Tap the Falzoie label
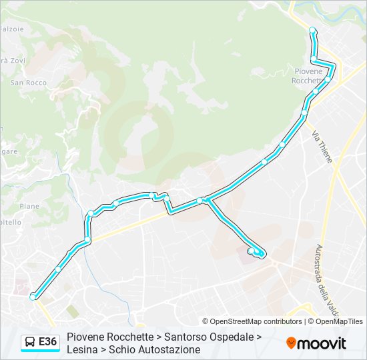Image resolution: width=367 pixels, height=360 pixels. coord(11,29)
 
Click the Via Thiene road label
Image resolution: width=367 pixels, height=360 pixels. coord(322,147)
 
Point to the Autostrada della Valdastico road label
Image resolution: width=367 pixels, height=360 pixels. coord(325,281)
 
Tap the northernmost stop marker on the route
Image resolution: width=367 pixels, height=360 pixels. coord(312,30)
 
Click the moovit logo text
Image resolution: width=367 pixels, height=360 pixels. coord(322,343)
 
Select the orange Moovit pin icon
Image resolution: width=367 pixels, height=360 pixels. coord(291,343)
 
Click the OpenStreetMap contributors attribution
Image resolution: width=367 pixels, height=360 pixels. coord(252,321)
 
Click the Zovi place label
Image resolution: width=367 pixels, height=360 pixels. coord(14,60)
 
